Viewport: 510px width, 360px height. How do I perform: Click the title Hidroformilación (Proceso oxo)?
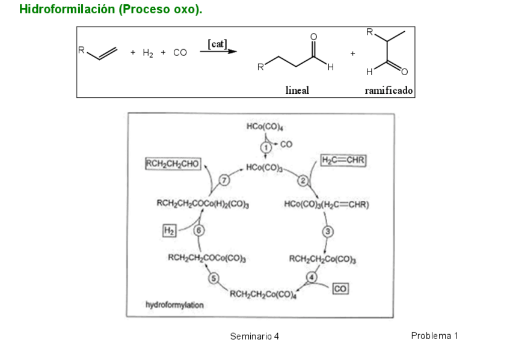click(111, 10)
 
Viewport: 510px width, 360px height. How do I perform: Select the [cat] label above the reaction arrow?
click(217, 43)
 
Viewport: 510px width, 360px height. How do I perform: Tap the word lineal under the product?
click(297, 91)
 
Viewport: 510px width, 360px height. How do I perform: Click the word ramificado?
click(389, 91)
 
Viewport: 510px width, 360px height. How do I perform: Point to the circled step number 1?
click(265, 147)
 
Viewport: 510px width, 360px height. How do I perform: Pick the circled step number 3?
click(328, 231)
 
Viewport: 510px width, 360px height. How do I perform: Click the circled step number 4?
click(312, 276)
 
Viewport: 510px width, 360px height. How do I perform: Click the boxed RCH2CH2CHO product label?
click(173, 163)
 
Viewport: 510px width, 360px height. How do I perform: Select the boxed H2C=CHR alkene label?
click(343, 160)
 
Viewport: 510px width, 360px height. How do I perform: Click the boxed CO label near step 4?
click(340, 289)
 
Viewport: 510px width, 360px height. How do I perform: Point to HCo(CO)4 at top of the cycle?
click(265, 127)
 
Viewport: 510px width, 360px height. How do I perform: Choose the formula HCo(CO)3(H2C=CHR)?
click(327, 204)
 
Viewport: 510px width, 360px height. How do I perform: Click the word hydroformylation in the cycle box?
click(174, 305)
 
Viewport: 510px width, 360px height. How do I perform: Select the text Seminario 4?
click(254, 336)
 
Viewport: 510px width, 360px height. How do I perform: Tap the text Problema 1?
click(434, 335)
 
